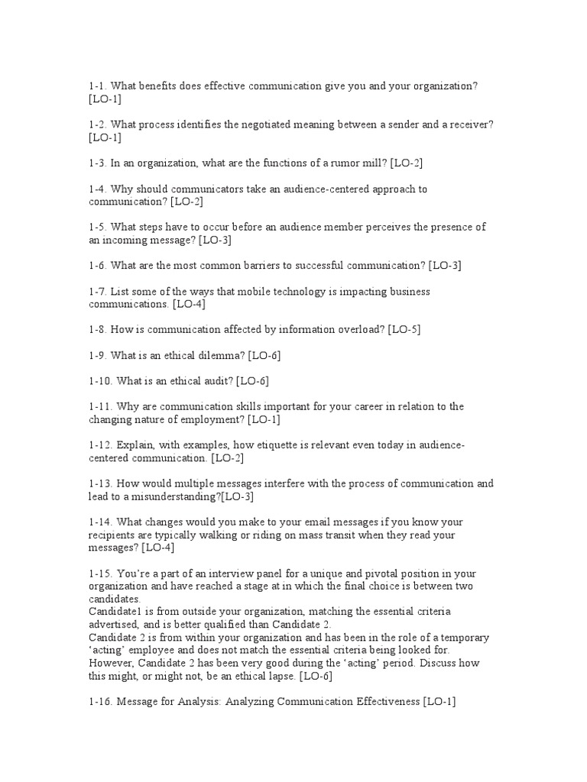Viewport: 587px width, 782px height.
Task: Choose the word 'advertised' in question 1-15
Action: [115, 625]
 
